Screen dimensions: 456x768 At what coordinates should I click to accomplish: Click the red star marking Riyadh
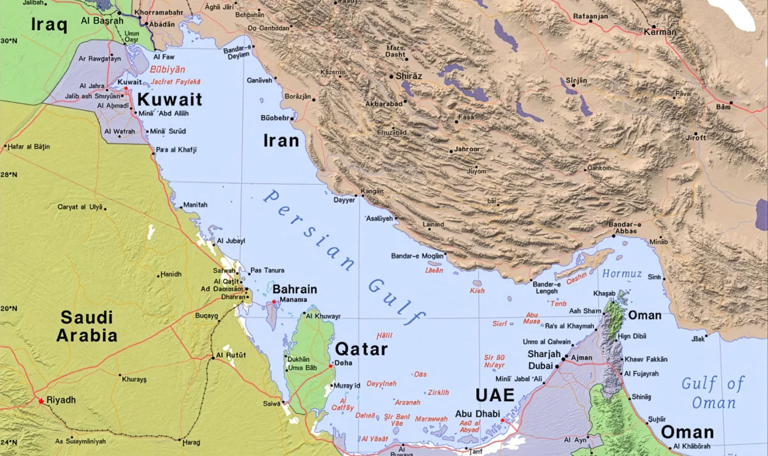click(x=41, y=401)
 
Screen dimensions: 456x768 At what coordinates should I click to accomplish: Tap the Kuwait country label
click(x=169, y=99)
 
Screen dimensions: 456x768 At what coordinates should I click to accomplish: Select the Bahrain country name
click(x=295, y=289)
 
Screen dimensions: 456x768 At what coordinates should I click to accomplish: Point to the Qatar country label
click(x=361, y=349)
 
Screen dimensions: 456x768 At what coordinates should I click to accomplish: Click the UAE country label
click(x=494, y=395)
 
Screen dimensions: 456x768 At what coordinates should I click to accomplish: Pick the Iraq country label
click(x=49, y=25)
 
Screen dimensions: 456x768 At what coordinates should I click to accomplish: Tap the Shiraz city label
click(x=409, y=76)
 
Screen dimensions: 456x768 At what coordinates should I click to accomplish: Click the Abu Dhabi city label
click(x=477, y=414)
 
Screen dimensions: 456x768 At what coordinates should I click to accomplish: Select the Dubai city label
click(x=541, y=366)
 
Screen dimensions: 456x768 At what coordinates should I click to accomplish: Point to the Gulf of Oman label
click(x=713, y=393)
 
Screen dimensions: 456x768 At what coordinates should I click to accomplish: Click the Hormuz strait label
click(x=622, y=274)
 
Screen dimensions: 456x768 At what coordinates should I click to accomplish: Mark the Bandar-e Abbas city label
click(x=625, y=227)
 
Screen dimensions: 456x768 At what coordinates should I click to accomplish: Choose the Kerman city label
click(x=660, y=32)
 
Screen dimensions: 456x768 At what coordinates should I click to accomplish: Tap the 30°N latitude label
click(x=8, y=41)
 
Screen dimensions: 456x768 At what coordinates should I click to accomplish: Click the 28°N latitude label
click(x=8, y=174)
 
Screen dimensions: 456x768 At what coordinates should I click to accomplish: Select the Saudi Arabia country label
click(x=87, y=326)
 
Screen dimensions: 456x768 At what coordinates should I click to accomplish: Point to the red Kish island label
click(x=477, y=290)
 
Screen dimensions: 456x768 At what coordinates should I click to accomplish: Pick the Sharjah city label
click(x=544, y=354)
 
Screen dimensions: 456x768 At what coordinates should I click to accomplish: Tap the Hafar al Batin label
click(x=29, y=146)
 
